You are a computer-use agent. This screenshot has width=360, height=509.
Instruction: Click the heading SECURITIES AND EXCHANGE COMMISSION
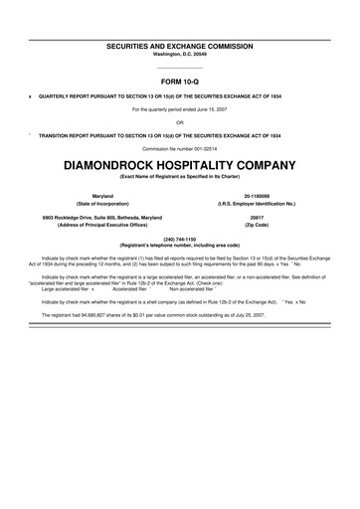coord(179,46)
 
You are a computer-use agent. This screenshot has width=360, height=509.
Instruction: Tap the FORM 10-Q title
coord(179,81)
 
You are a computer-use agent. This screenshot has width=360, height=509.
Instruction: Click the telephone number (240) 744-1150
coord(179,238)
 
